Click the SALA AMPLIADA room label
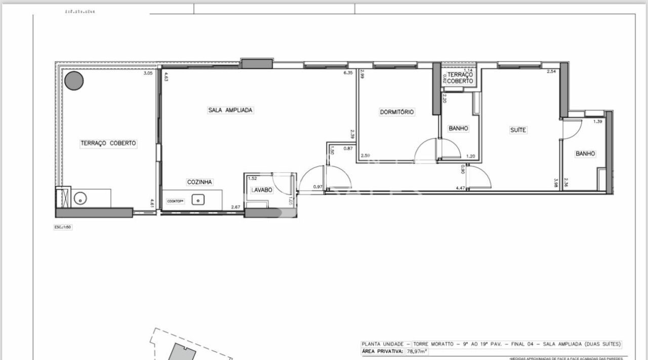click(230, 110)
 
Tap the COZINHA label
click(199, 182)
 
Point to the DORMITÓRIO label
click(397, 112)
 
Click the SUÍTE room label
click(518, 130)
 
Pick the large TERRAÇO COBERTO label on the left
click(108, 143)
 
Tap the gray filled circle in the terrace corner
click(74, 81)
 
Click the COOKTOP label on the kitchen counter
click(176, 201)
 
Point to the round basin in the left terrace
click(80, 198)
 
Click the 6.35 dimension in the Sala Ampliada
click(348, 73)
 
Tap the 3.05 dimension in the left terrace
click(148, 73)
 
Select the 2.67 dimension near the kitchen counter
click(235, 207)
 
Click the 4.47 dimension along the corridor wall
click(460, 188)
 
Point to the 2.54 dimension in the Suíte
click(551, 72)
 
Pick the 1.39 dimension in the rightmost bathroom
click(598, 122)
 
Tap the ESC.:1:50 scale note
click(63, 227)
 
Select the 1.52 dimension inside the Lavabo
click(252, 178)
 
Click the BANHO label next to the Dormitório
click(458, 129)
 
